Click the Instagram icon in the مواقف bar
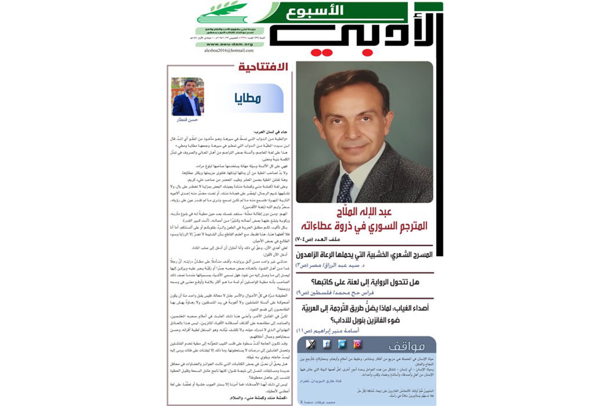(x=357, y=344)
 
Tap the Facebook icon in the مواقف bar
(x=326, y=344)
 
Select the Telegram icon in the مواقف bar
(x=342, y=344)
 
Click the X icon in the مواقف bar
(x=311, y=344)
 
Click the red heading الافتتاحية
(x=263, y=67)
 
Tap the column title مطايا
(x=248, y=98)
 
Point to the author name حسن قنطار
(x=187, y=120)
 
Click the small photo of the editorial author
(x=188, y=97)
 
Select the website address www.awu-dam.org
(x=229, y=44)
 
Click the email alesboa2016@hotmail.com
(x=229, y=50)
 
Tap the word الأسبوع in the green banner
(x=315, y=12)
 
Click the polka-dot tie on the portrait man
(x=345, y=188)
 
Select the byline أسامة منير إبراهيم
(x=328, y=331)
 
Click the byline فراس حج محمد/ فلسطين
(x=335, y=293)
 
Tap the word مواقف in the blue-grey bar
(x=407, y=347)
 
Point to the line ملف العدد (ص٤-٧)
(x=317, y=239)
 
